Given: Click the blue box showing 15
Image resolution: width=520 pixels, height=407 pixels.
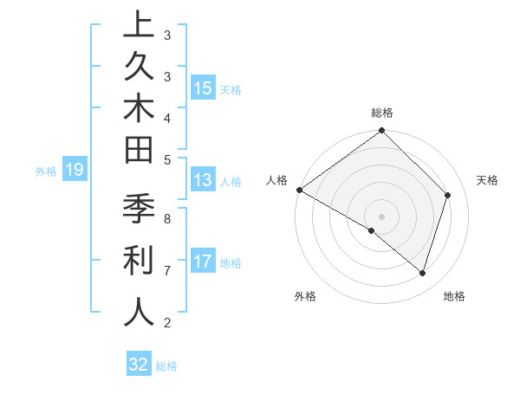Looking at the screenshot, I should pos(203,88).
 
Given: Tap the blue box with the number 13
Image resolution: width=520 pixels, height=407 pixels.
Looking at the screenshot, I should pos(203,181).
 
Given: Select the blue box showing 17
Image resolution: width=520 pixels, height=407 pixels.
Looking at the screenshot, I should pos(203,262).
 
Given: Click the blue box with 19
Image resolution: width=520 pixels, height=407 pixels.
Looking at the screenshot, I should pos(75,171).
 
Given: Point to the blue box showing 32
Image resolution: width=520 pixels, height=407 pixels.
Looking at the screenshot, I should pos(139,365).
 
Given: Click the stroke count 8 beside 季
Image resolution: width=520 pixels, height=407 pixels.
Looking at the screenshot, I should pos(166,219).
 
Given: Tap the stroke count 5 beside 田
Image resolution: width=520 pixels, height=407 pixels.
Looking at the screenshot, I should pos(166,158).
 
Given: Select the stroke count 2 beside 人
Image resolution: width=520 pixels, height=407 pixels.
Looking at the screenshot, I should pos(166,323).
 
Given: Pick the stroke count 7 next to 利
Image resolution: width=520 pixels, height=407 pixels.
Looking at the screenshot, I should pos(166,270).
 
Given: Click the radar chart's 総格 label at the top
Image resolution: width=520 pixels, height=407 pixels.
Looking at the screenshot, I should pos(382,113).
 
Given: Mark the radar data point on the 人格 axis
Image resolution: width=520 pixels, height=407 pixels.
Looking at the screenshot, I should pos(300,190).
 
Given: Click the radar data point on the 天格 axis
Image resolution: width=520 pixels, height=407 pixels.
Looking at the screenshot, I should pos(448,196).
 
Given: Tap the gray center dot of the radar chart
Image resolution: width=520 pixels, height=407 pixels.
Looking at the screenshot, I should pos(382,216).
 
